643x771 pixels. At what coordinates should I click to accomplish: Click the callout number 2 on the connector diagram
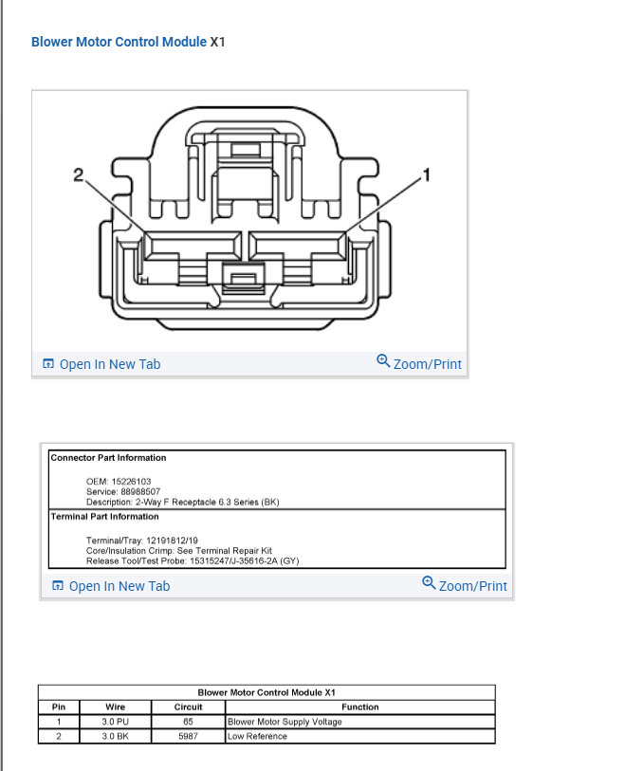point(80,174)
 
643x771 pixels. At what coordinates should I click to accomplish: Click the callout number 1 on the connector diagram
point(426,174)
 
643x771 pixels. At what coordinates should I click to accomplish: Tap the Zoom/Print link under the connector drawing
point(419,363)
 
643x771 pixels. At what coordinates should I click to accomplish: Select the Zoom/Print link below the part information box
point(465,585)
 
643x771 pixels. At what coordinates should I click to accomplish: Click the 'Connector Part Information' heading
point(108,458)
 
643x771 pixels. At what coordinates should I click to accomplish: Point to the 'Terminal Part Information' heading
point(104,517)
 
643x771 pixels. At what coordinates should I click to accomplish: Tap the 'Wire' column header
point(115,707)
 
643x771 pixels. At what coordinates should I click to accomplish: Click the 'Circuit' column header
point(189,707)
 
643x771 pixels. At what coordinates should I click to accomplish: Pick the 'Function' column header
point(359,707)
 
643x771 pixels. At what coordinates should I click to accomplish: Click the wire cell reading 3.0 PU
point(115,722)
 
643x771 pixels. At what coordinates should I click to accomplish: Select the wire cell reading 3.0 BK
point(115,736)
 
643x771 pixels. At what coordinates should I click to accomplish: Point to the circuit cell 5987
point(189,736)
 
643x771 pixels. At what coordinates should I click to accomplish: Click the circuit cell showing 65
point(189,722)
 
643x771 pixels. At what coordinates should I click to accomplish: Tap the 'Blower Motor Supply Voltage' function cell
point(285,722)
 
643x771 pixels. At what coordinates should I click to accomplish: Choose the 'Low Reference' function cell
point(257,736)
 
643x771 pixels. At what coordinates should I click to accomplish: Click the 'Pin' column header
point(58,707)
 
